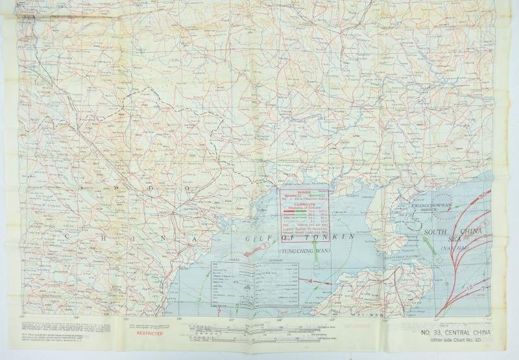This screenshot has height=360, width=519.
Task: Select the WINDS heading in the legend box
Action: [304, 192]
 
